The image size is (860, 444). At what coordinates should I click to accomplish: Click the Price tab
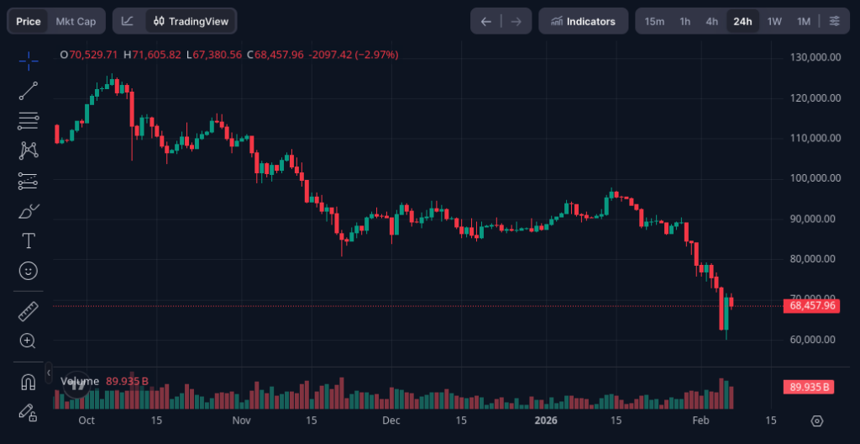[29, 21]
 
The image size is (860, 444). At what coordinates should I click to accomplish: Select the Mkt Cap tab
[76, 21]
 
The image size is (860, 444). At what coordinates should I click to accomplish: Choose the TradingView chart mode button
[191, 21]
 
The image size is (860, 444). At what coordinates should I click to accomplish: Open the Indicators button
[583, 21]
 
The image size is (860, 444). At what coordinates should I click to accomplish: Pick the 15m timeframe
[654, 21]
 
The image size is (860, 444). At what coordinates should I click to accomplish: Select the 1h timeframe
[685, 21]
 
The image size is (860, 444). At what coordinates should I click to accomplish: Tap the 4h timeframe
[712, 21]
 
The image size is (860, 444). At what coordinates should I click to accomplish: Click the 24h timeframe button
[742, 21]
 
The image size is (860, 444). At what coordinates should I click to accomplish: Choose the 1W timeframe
[774, 21]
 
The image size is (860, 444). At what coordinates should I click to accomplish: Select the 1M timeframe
[804, 21]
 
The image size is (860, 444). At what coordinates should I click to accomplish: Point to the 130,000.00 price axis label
[815, 57]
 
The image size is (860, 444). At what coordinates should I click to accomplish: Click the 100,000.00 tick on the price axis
[815, 178]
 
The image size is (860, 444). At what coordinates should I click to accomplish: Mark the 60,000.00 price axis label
[815, 340]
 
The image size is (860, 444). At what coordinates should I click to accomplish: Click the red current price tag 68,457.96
[813, 305]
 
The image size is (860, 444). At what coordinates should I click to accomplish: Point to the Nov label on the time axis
[242, 420]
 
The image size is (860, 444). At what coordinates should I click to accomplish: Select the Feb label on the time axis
[700, 420]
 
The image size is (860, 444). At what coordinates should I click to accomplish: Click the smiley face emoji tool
[28, 271]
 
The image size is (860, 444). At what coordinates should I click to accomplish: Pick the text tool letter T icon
[28, 241]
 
